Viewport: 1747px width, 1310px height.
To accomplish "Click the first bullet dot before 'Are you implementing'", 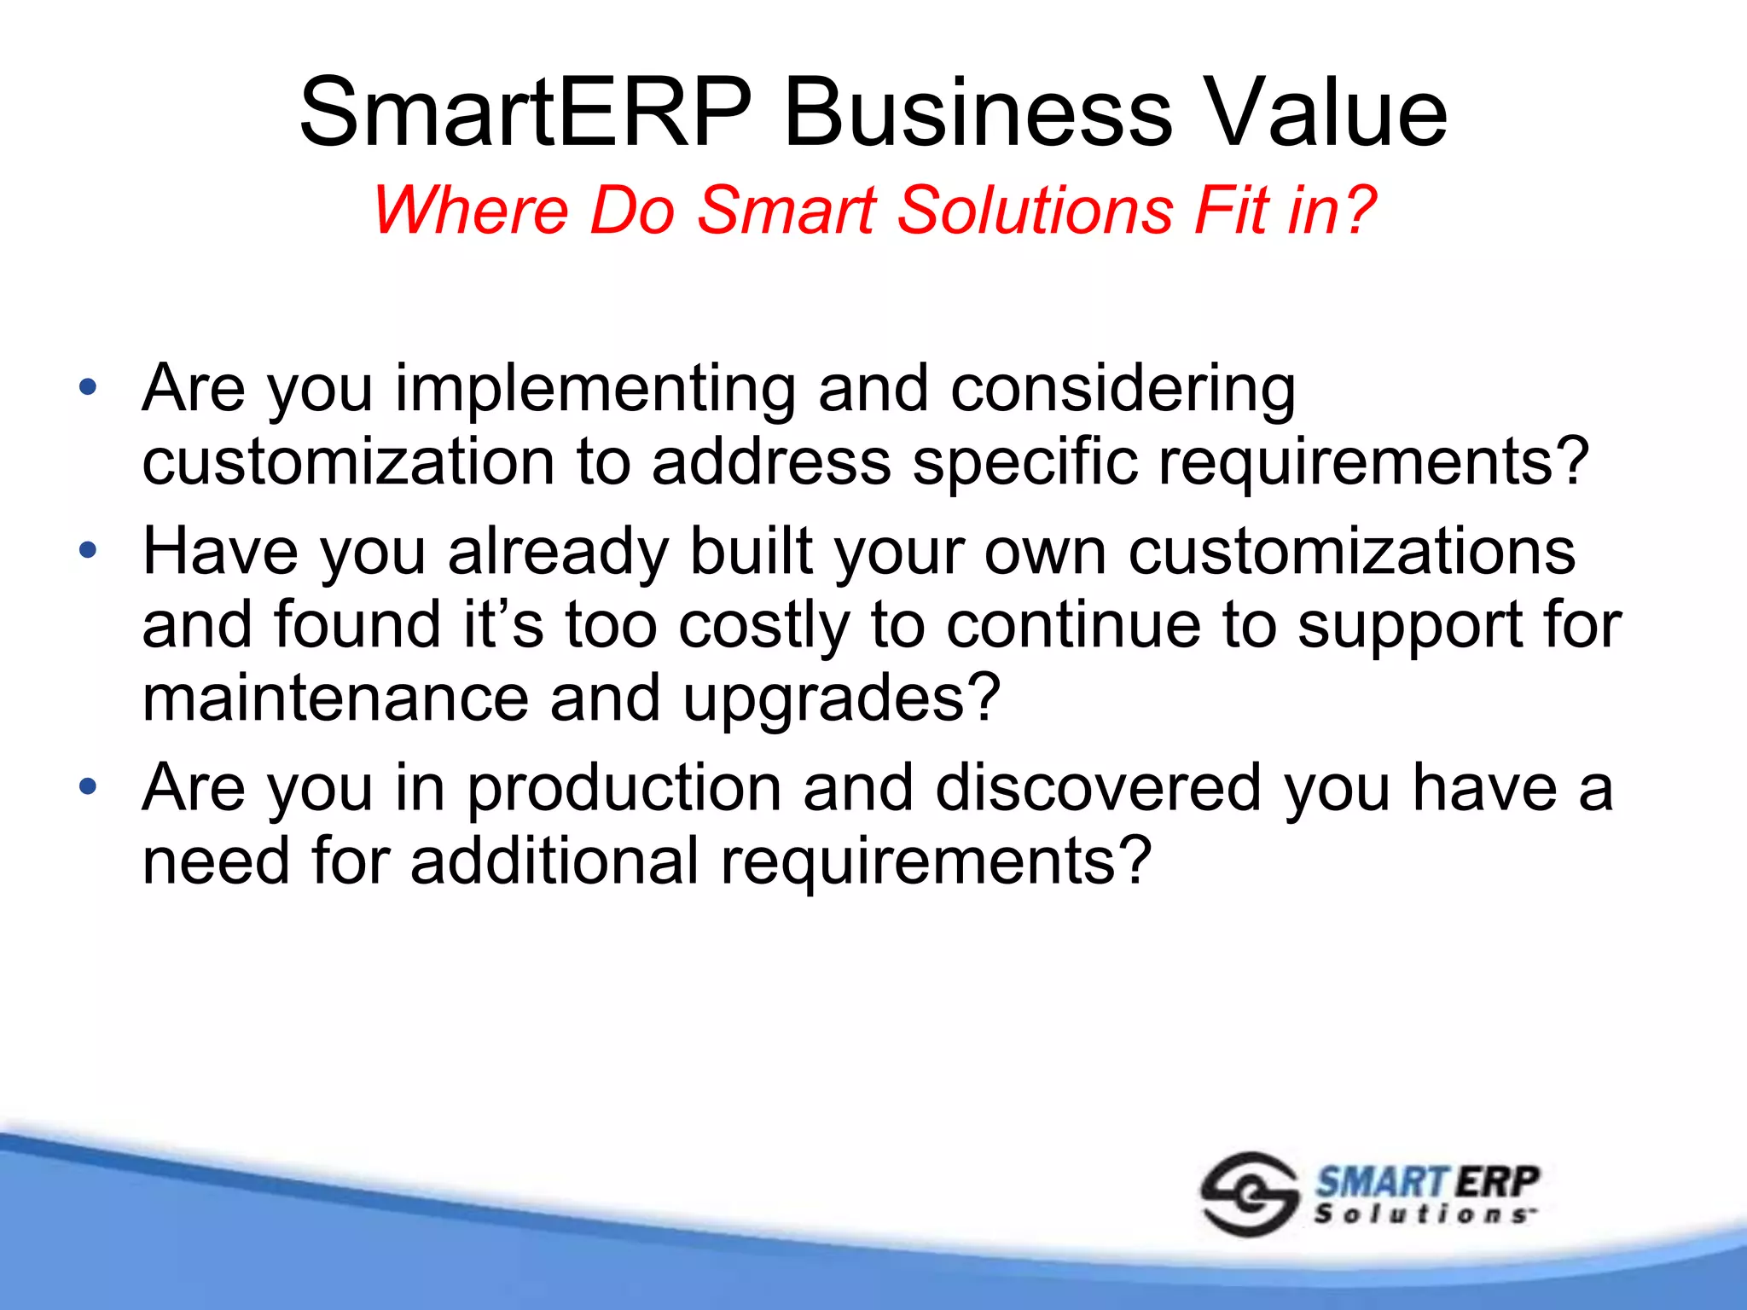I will pos(87,388).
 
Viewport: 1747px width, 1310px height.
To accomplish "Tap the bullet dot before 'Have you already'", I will pos(87,551).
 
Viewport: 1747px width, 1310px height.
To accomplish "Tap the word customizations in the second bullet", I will pos(1352,552).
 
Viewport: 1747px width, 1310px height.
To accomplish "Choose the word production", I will pos(624,789).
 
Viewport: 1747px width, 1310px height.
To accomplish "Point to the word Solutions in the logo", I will pos(1422,1214).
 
